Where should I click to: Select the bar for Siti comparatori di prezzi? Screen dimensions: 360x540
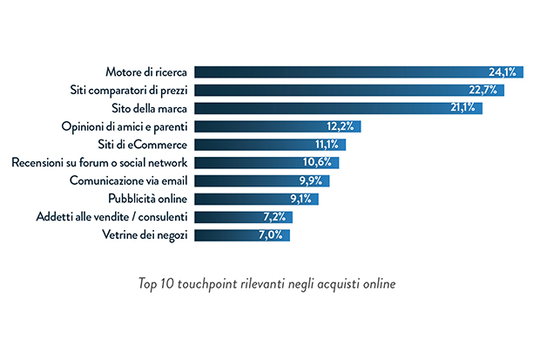coord(348,90)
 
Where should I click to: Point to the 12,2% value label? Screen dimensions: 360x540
coord(341,126)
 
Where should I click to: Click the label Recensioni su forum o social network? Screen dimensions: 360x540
coord(100,162)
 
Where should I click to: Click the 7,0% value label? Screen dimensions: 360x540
coord(274,235)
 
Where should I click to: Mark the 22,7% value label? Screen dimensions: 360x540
coord(486,90)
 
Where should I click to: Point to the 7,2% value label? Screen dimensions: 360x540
coord(277,217)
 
